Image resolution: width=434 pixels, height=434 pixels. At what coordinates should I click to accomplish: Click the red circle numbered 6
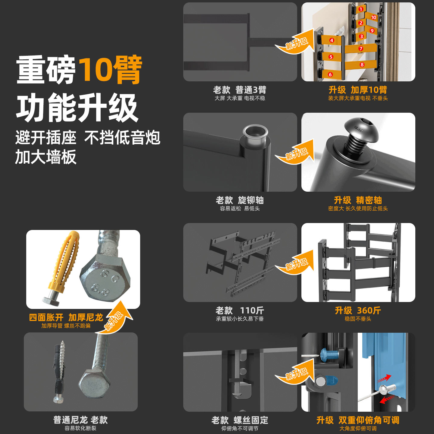330,74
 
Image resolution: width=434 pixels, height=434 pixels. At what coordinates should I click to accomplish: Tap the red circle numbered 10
374,17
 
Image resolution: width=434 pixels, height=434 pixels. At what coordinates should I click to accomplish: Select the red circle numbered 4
332,40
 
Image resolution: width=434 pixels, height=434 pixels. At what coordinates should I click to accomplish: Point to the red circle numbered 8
362,64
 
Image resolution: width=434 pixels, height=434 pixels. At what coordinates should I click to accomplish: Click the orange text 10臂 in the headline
110,70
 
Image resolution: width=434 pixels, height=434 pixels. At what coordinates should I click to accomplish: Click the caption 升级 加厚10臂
358,90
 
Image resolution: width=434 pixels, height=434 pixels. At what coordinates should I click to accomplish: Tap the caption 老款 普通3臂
240,90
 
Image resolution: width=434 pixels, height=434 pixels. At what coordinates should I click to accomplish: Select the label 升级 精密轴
358,200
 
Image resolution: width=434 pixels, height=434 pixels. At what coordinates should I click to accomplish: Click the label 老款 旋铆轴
240,200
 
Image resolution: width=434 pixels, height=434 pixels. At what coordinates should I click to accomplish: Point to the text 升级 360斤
358,310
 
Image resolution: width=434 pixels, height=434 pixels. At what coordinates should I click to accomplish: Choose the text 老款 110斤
240,310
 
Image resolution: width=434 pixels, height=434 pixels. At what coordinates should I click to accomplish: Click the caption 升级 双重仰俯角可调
358,420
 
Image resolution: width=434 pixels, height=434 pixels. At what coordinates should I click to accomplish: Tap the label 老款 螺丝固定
240,420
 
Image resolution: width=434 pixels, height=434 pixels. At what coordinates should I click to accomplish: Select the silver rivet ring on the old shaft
255,133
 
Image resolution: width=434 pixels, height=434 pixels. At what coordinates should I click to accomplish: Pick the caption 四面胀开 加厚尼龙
66,317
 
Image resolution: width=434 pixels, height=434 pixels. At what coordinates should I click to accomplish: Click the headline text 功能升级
77,108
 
